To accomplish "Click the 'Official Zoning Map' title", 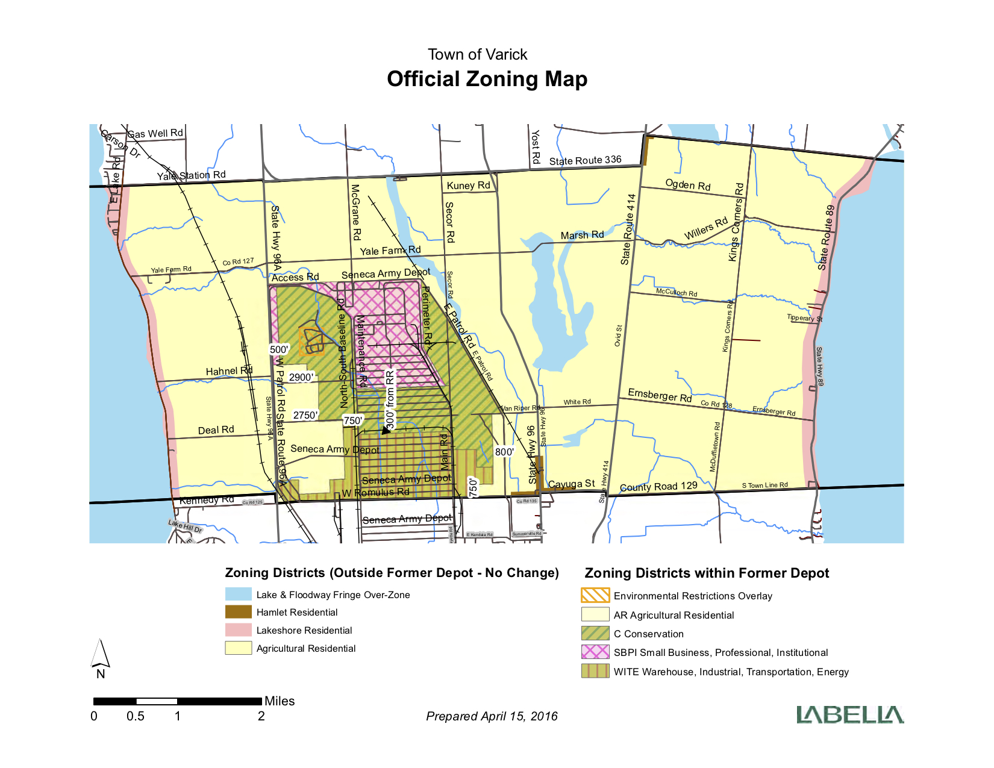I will pos(487,79).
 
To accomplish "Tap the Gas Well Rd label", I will pos(155,133).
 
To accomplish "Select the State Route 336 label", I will pos(585,160).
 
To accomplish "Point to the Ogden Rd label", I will pos(688,184).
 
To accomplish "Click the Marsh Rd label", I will pos(582,235).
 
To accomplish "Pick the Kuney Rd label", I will pos(468,186).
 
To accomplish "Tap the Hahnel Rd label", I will pos(229,371).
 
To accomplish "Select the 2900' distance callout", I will pos(301,378).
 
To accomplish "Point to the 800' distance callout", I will pos(504,452).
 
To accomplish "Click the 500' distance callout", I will pos(279,349).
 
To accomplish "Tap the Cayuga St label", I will pos(571,484).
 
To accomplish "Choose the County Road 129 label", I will pos(658,486).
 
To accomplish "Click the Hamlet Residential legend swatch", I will pos(238,612).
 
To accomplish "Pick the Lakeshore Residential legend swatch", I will pos(238,630).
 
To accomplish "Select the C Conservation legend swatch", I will pos(595,634).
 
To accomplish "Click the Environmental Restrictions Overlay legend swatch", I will pos(595,595).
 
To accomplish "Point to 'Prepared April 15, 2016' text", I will pos(492,716).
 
